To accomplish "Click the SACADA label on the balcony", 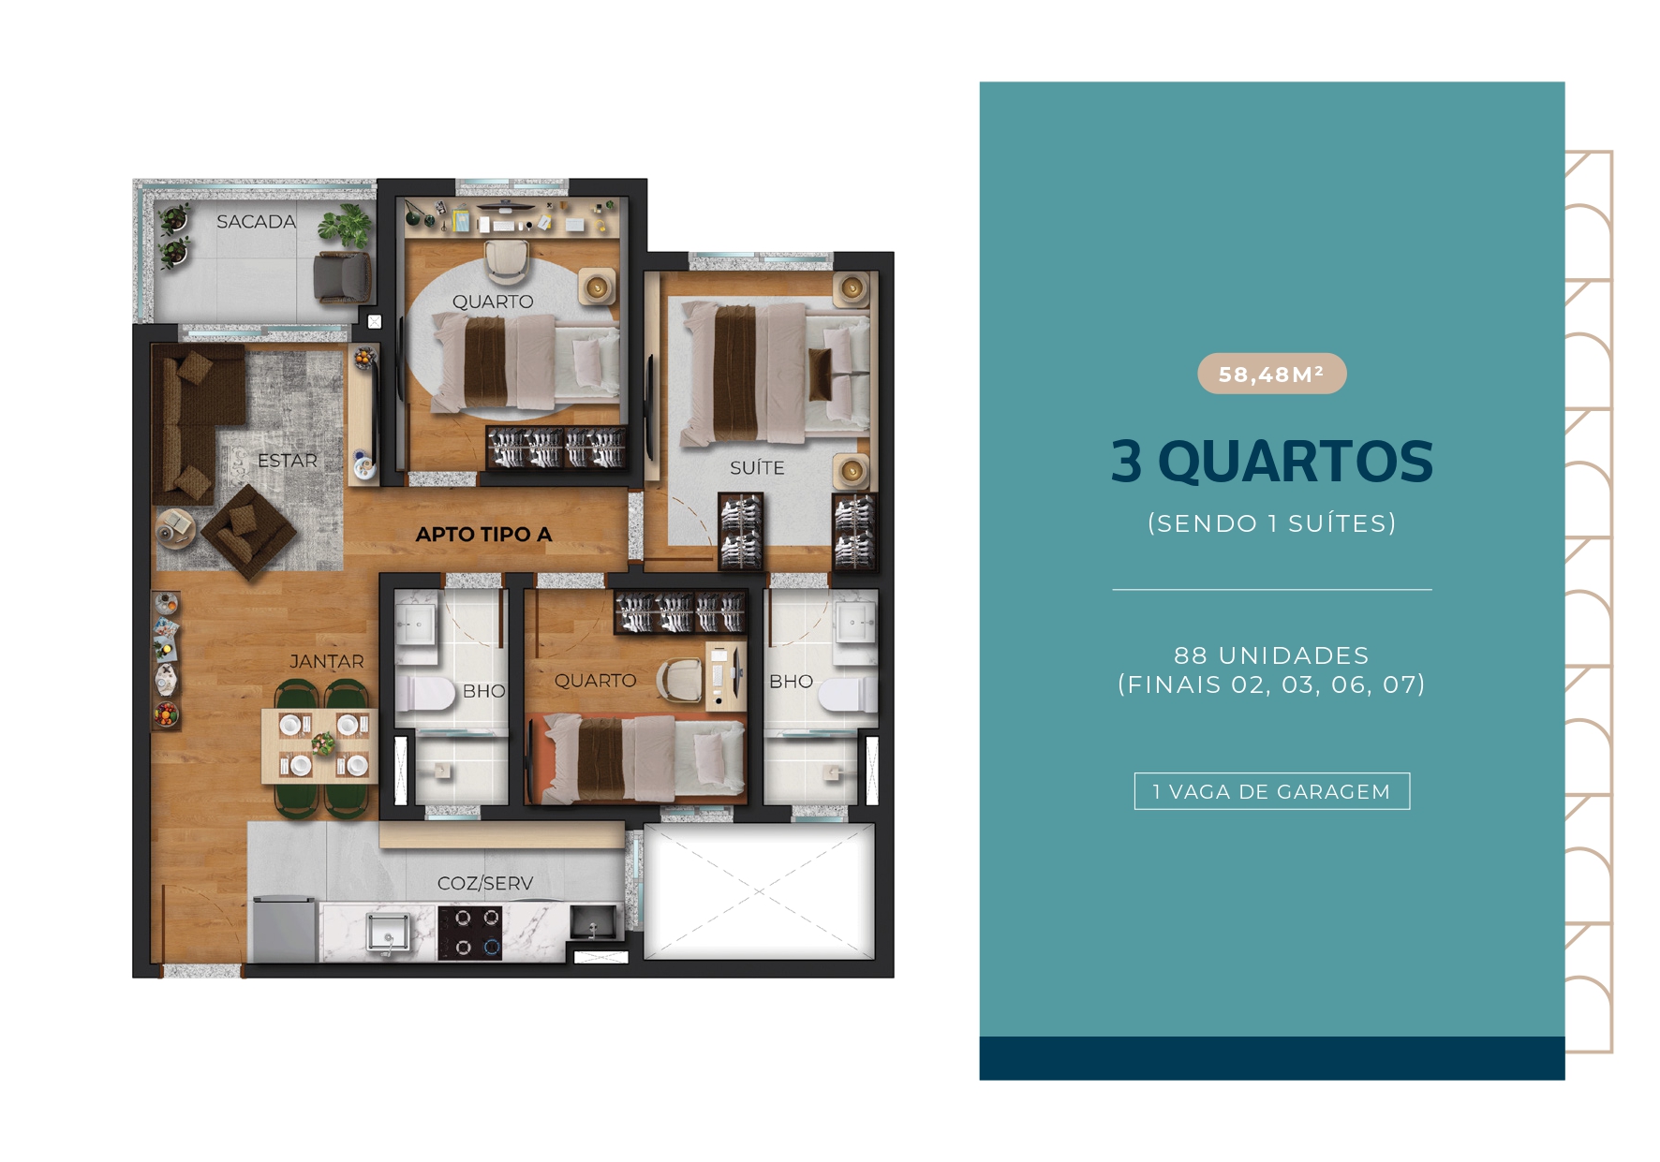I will [x=256, y=222].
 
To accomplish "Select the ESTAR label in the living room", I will [x=288, y=461].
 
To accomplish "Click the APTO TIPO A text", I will [x=483, y=535].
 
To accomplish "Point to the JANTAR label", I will [x=326, y=662].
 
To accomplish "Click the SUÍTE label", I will [x=757, y=468].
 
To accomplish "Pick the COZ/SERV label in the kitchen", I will [x=484, y=883].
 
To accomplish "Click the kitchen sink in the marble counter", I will [x=387, y=933].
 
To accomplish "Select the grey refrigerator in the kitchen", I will [x=284, y=928].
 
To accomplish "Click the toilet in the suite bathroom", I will [x=846, y=696].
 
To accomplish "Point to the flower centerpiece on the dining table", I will [x=323, y=744].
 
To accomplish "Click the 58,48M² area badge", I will [x=1271, y=375].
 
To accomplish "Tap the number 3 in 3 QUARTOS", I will [x=1126, y=462].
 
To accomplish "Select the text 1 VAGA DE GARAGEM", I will [x=1271, y=792].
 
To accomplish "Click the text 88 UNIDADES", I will [x=1271, y=655].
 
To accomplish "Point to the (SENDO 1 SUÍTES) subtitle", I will [x=1271, y=523].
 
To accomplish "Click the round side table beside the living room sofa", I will [x=174, y=526].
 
